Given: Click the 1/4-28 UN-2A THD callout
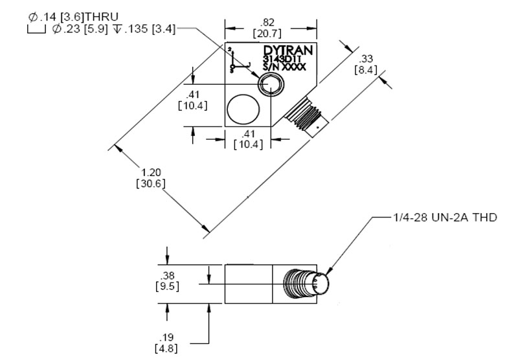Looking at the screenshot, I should [x=445, y=218].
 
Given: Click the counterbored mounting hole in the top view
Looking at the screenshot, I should [x=269, y=84].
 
